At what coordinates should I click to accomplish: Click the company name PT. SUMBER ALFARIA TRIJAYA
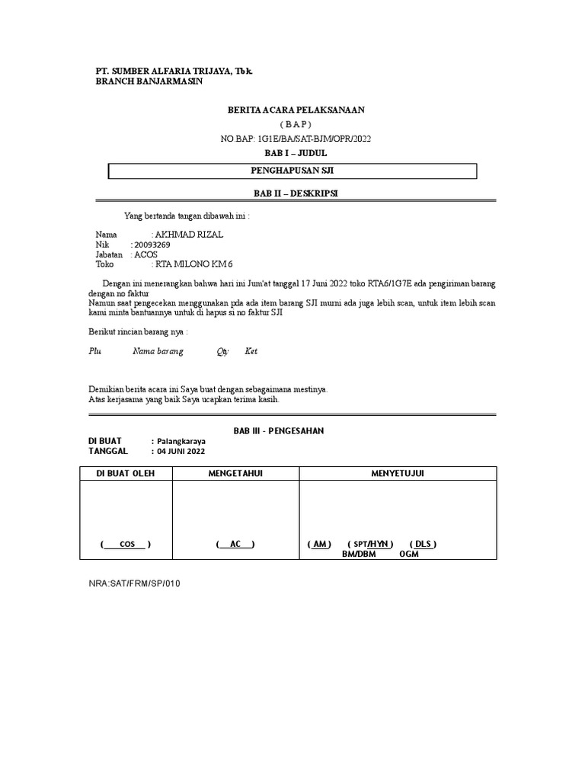click(x=174, y=71)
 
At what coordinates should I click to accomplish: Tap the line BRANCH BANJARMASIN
click(x=149, y=82)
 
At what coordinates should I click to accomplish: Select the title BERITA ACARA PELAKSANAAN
click(x=296, y=110)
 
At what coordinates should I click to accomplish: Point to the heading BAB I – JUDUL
click(x=295, y=152)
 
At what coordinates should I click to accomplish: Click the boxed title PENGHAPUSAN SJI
click(x=292, y=171)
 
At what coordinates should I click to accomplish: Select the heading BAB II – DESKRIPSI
click(x=295, y=193)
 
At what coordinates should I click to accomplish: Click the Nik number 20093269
click(x=152, y=245)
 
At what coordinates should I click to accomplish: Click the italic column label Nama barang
click(x=158, y=351)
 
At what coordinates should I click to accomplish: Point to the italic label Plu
click(x=95, y=351)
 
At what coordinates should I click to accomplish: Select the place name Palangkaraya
click(x=181, y=441)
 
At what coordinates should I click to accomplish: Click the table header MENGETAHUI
click(x=235, y=474)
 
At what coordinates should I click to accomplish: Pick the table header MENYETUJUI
click(x=398, y=474)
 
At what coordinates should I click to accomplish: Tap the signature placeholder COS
click(x=126, y=544)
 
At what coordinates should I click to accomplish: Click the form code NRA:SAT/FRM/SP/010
click(x=135, y=583)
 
